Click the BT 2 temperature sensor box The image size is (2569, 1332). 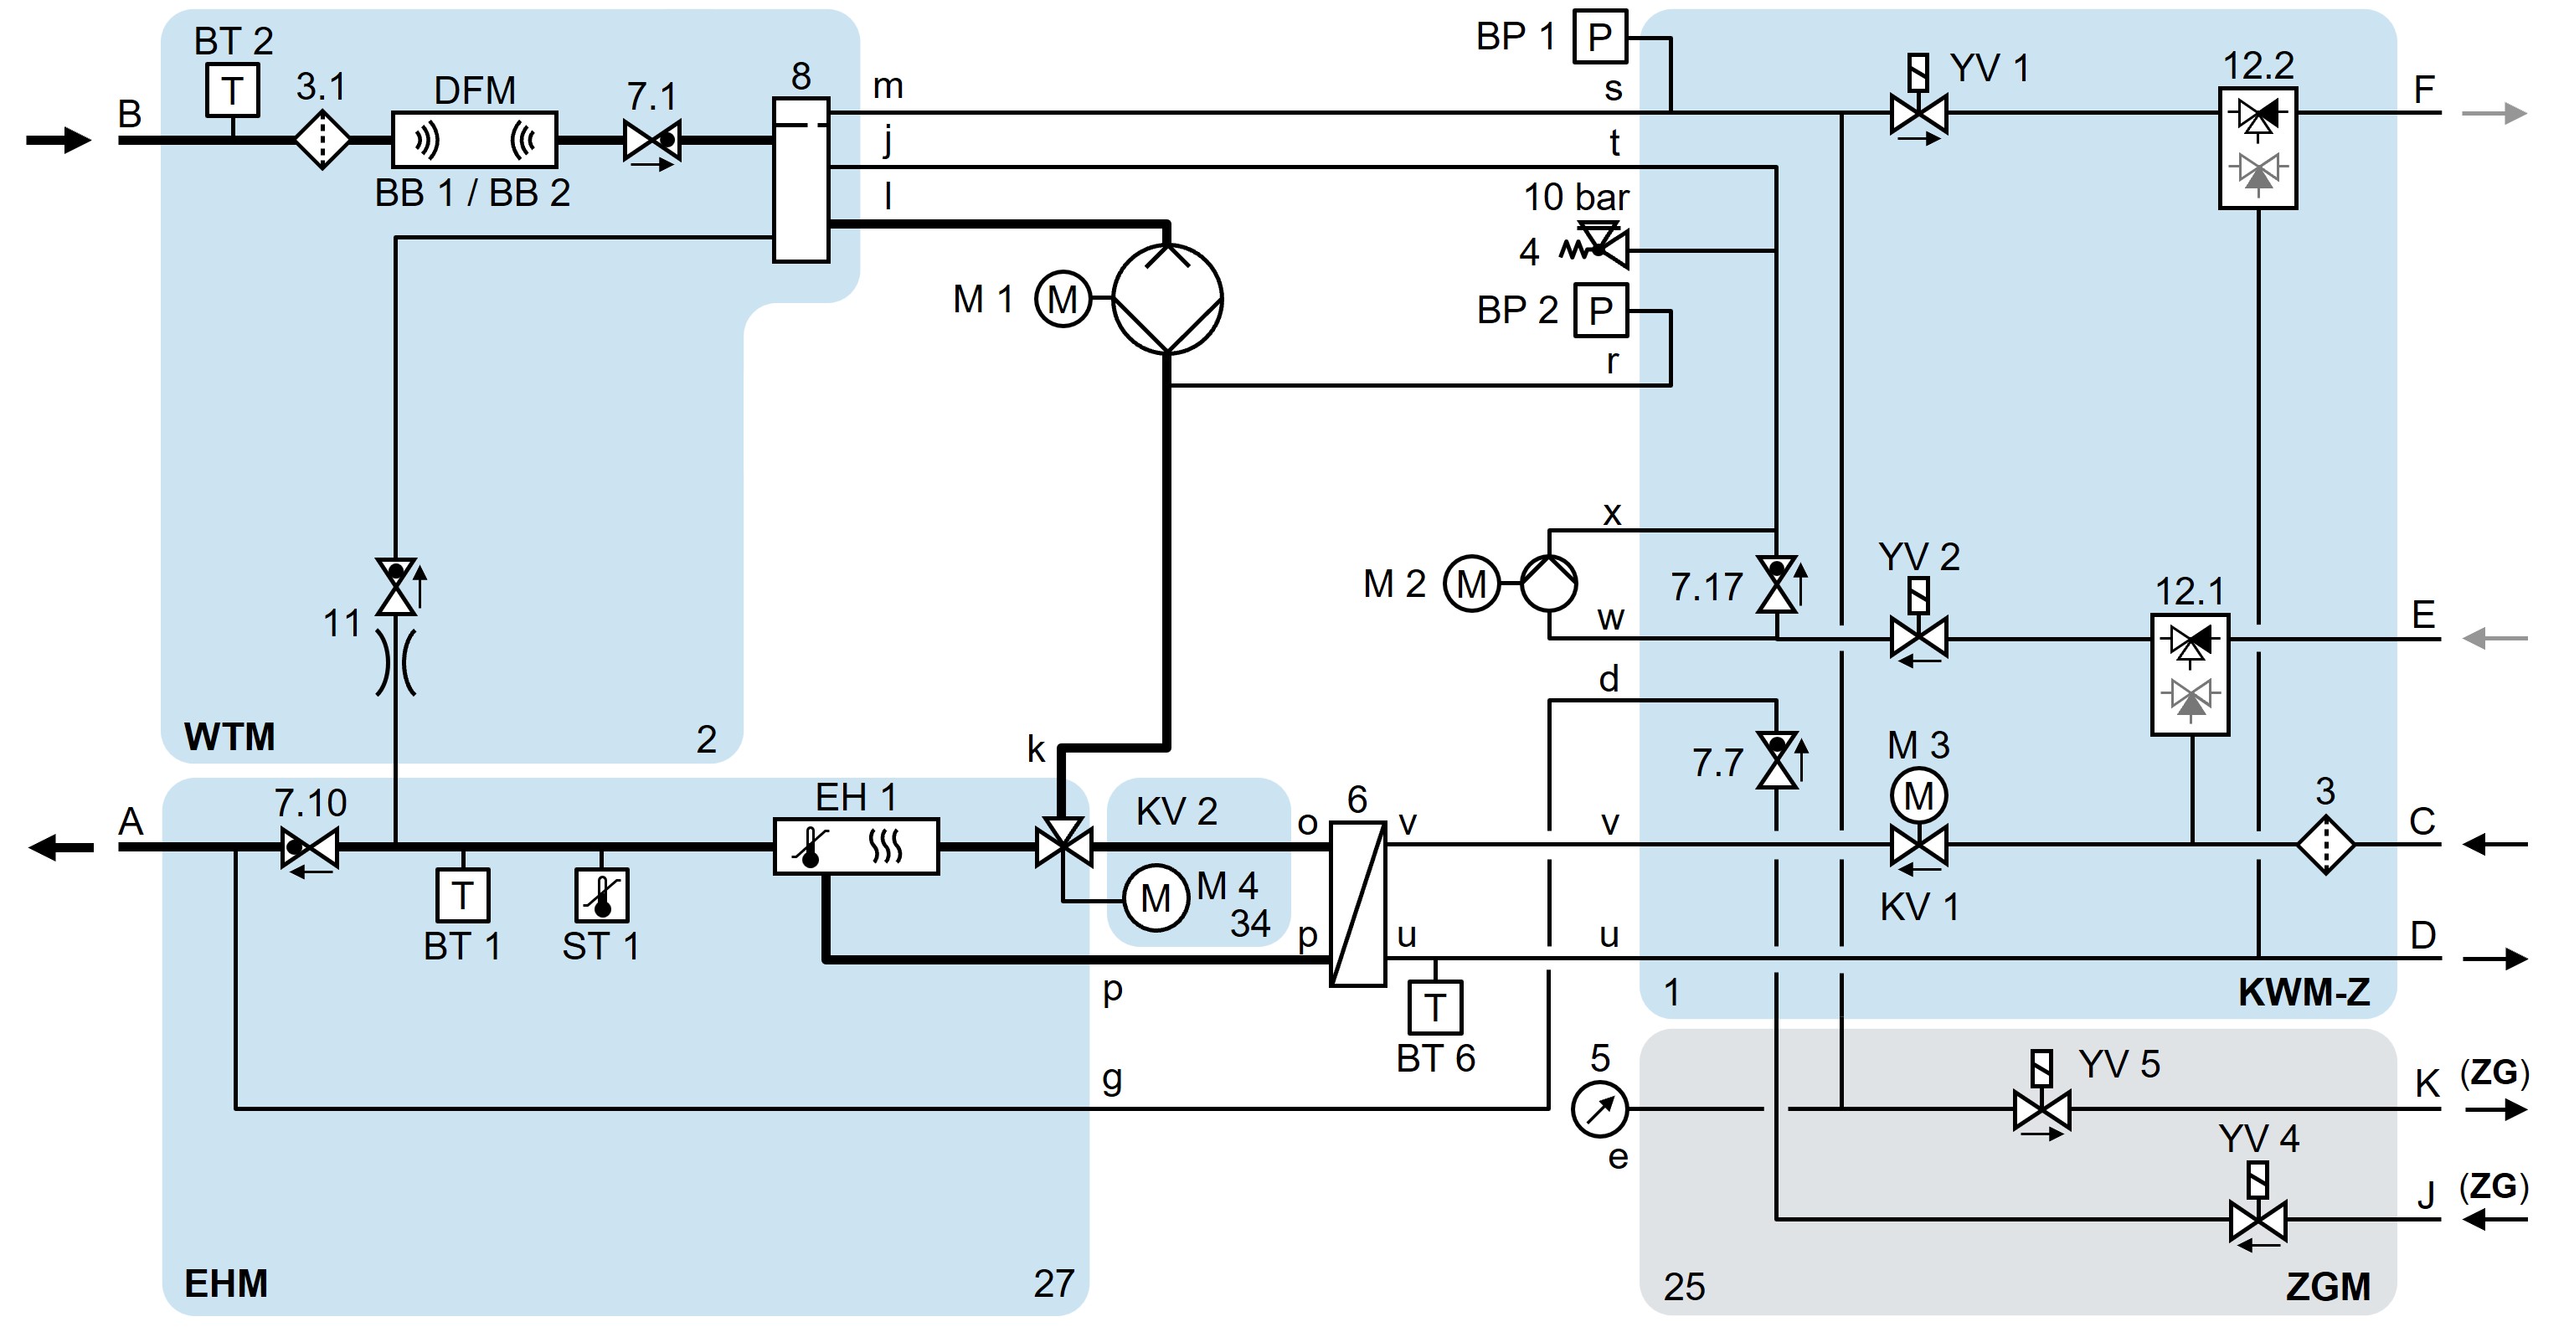(233, 90)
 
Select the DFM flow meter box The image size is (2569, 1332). (474, 140)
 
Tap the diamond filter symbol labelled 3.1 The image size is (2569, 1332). (322, 141)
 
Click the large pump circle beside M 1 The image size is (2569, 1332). (1166, 298)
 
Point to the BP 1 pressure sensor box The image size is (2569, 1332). (1599, 37)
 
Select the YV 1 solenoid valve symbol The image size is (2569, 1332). (1918, 113)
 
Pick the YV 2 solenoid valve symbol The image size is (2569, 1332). (1918, 638)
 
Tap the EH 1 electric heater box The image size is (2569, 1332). (856, 846)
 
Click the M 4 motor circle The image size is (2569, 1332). (1155, 898)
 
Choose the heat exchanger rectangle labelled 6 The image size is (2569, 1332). (1357, 903)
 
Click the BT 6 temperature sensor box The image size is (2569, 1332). (1435, 1008)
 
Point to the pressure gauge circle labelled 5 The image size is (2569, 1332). (1599, 1108)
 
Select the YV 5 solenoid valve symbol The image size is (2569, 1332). (2041, 1108)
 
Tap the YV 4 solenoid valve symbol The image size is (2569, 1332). (2257, 1219)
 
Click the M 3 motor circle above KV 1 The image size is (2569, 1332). (1918, 795)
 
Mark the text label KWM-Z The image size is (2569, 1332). (2303, 992)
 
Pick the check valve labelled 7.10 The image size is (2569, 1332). (309, 848)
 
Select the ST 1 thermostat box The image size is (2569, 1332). (601, 895)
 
